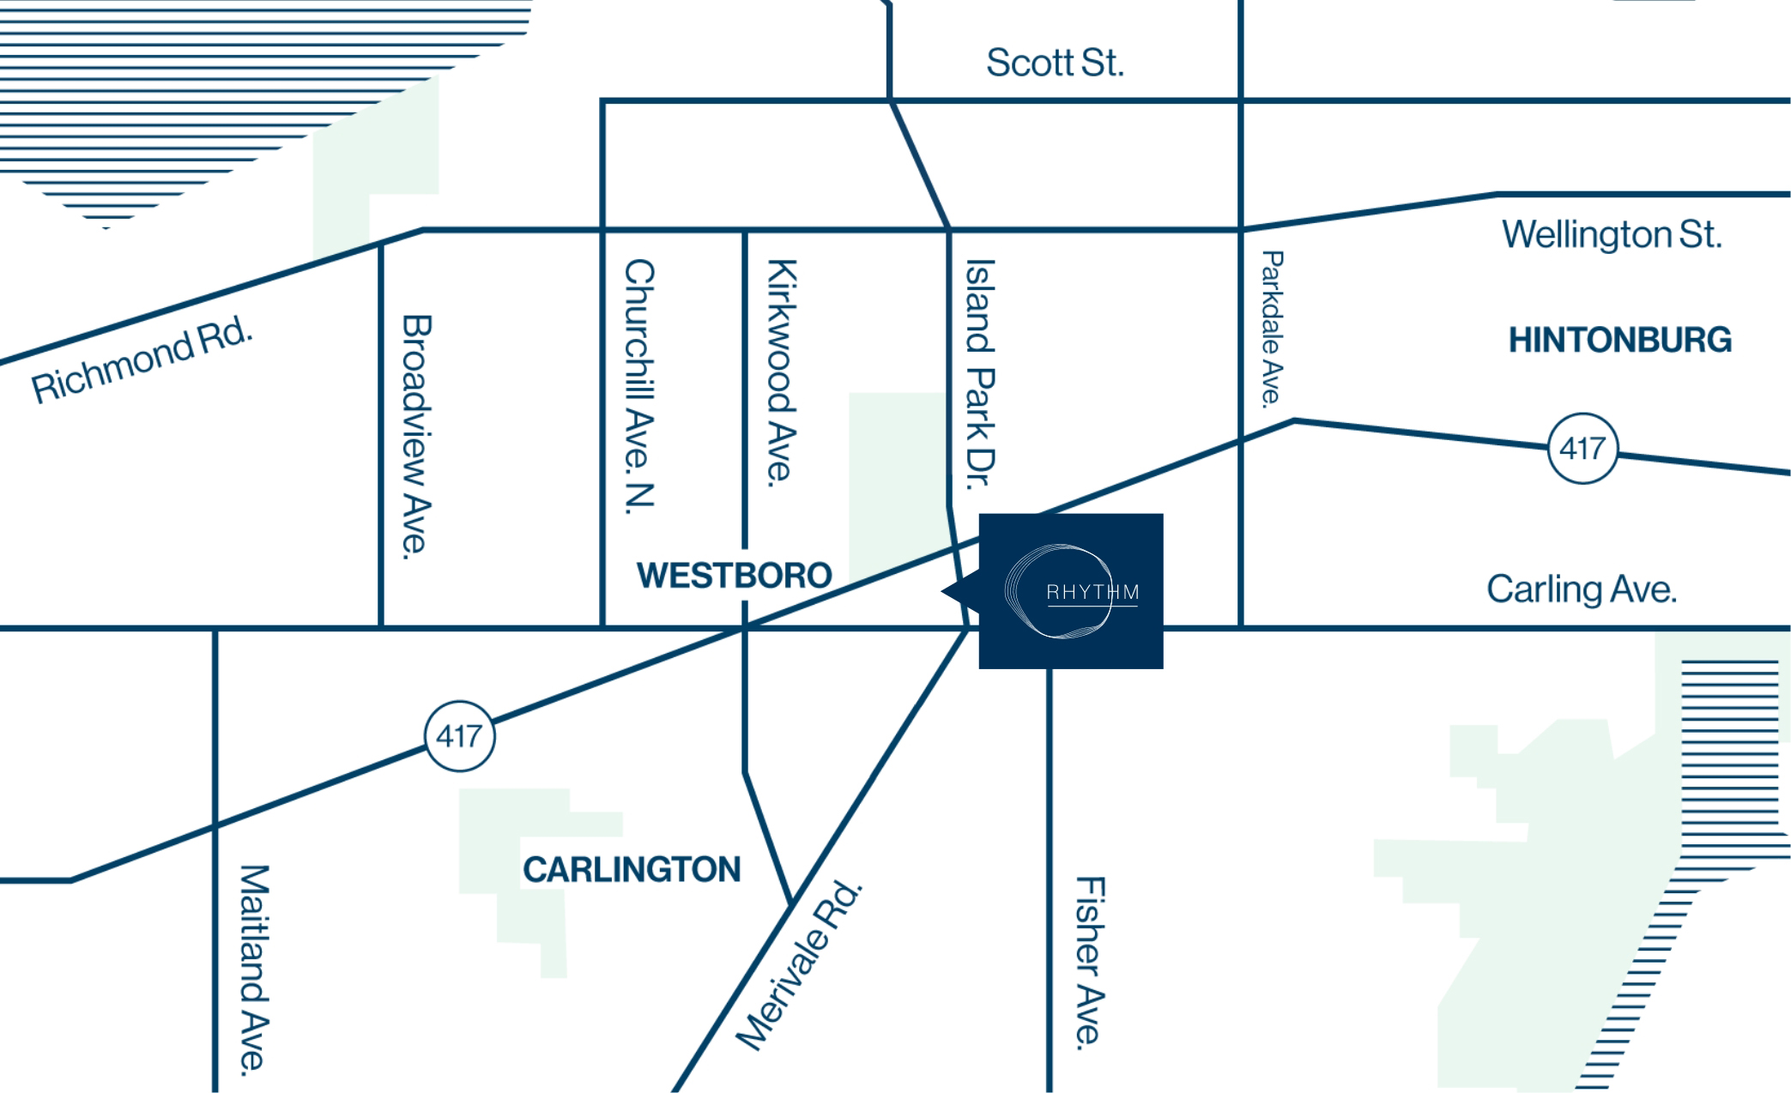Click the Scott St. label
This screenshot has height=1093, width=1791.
coord(1055,63)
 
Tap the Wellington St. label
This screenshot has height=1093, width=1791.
coord(1612,235)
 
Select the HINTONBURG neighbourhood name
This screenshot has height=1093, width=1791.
coord(1620,341)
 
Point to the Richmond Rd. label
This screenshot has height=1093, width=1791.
coord(142,360)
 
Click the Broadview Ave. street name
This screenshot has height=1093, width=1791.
coord(416,437)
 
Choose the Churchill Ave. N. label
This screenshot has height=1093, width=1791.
coord(639,386)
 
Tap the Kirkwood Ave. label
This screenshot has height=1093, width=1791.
coord(782,373)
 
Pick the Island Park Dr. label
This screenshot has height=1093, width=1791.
coord(980,374)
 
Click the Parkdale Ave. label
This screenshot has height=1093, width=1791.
coord(1272,327)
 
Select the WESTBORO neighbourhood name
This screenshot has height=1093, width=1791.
coord(735,575)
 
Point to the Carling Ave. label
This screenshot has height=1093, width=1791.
coord(1582,590)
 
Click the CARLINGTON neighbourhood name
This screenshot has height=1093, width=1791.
coord(632,870)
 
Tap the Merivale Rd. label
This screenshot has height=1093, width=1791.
coord(799,965)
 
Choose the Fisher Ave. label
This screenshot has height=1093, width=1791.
coord(1090,962)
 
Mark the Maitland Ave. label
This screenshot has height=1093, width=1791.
coord(254,969)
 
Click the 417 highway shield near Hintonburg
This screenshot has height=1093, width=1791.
coord(1582,449)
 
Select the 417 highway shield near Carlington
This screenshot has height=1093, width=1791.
coord(460,736)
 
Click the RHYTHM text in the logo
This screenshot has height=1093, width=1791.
coord(1092,592)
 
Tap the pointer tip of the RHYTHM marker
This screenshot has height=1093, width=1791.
coord(943,591)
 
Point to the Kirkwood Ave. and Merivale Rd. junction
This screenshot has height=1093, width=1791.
coord(790,903)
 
